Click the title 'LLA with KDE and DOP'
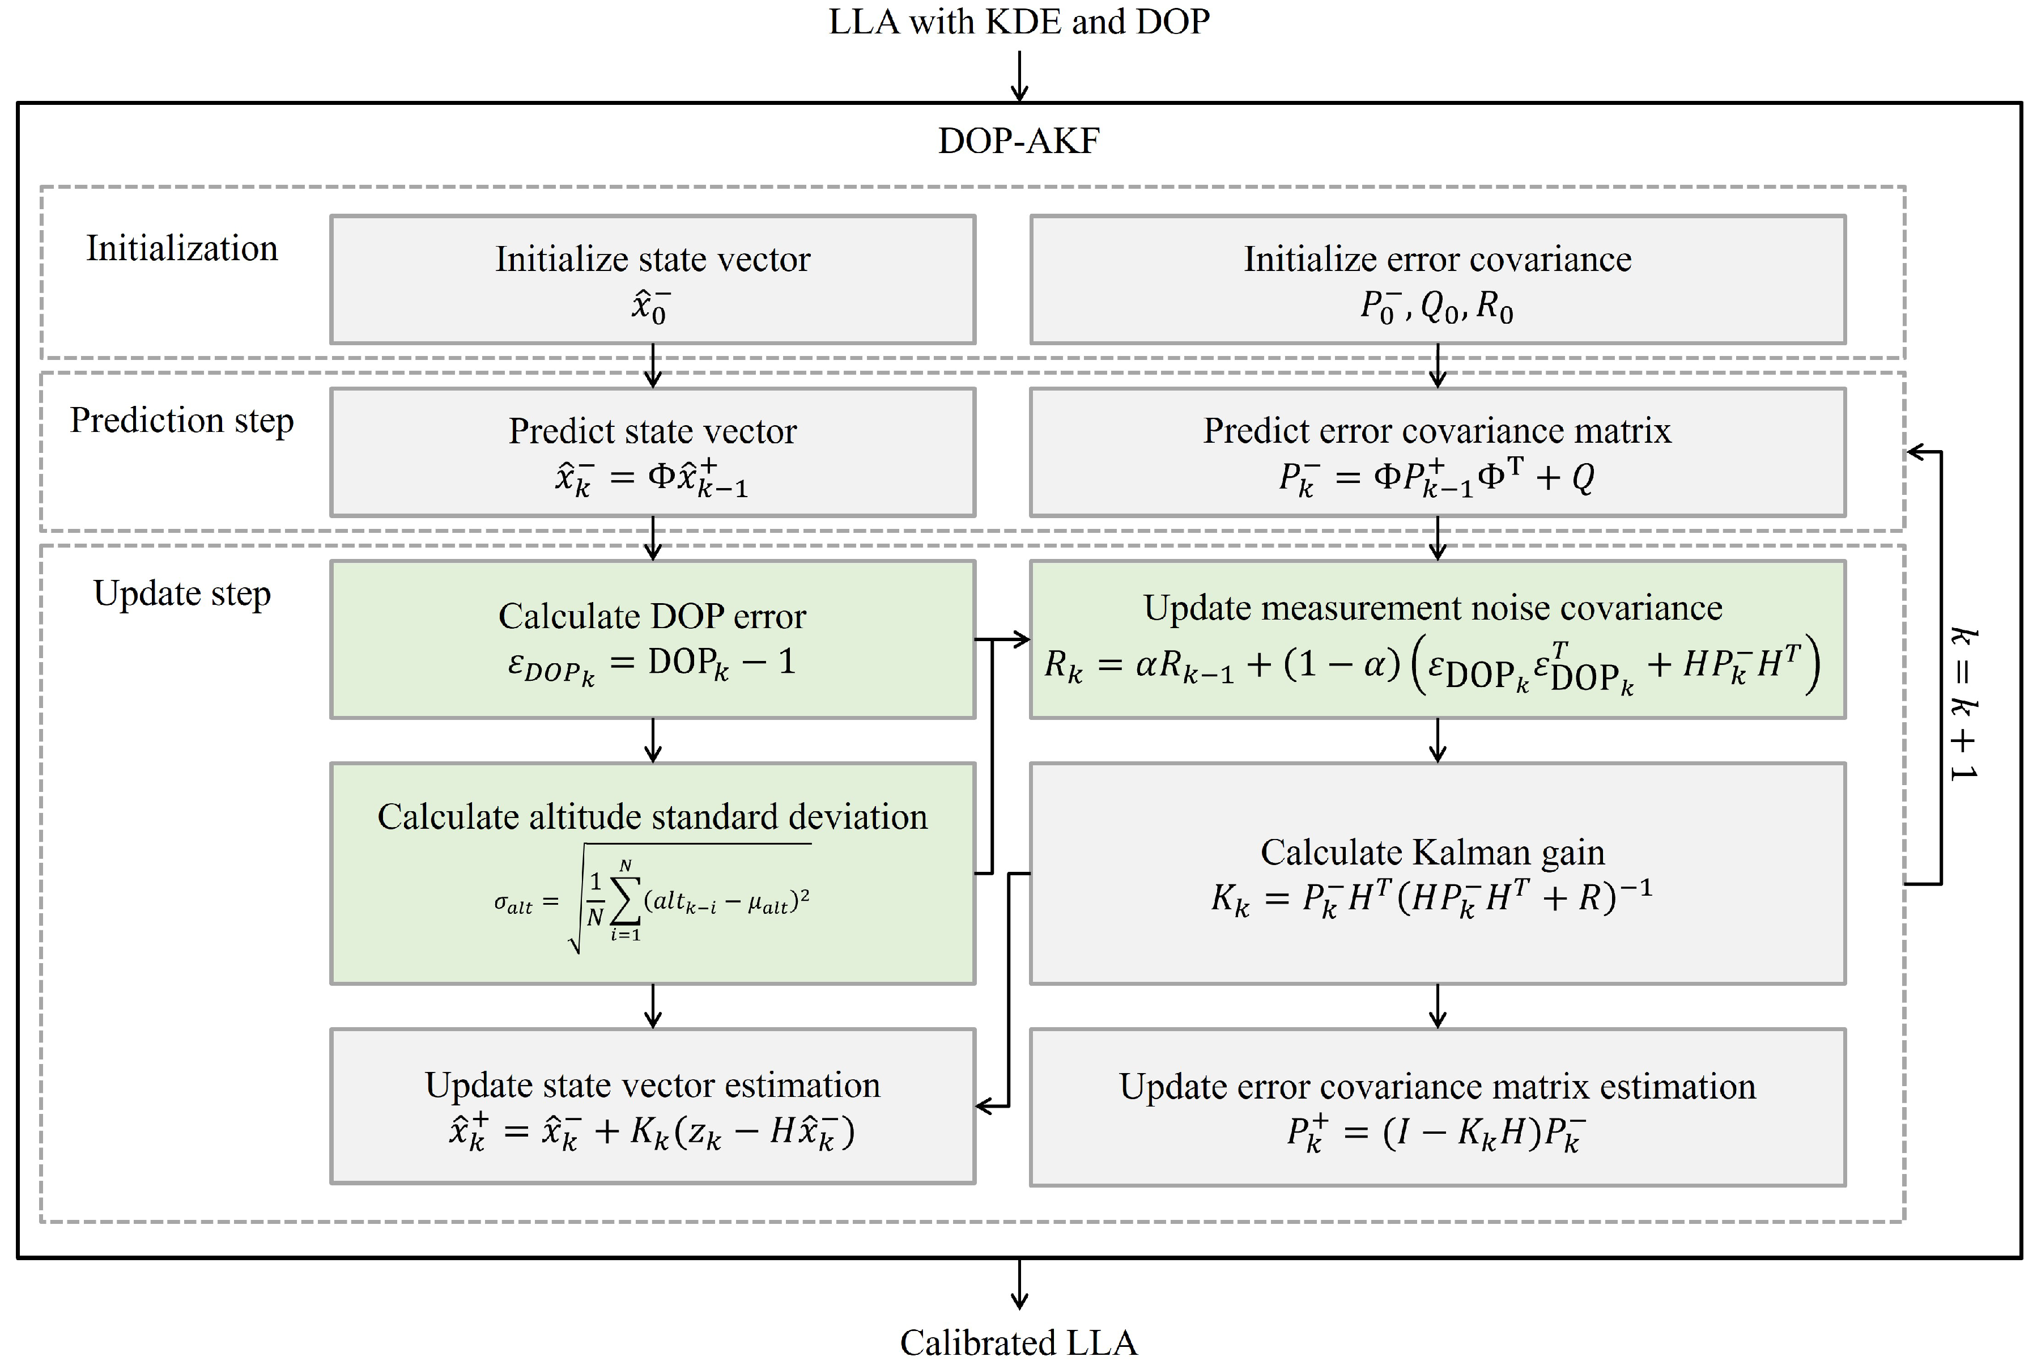pos(1019,22)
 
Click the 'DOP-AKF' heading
pos(1019,141)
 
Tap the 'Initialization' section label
pos(181,249)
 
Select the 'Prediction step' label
pos(181,421)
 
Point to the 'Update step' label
pos(181,594)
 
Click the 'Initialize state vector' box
pos(652,279)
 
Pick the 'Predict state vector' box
pos(652,452)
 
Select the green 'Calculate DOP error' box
pos(652,639)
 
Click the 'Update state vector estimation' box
pos(652,1106)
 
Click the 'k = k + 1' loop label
pos(1964,703)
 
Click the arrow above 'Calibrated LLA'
pos(1019,1285)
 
